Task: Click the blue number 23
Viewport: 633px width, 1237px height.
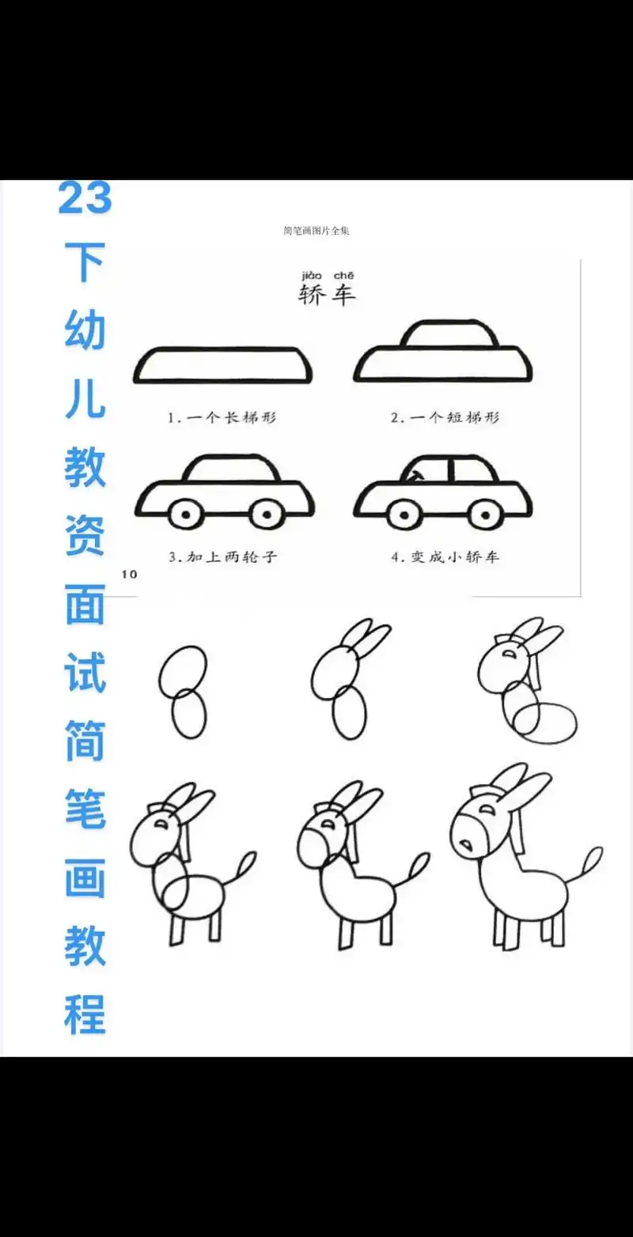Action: tap(85, 198)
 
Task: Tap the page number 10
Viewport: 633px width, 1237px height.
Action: tap(129, 574)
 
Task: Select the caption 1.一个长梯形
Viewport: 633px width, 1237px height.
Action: tap(222, 417)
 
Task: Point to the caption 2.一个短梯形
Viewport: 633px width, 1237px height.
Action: tap(445, 417)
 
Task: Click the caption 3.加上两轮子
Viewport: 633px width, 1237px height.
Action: tap(222, 556)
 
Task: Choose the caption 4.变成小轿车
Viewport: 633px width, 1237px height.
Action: tap(445, 556)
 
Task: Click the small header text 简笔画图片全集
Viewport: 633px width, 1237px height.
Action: tap(316, 231)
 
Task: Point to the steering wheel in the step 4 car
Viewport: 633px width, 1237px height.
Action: tap(414, 475)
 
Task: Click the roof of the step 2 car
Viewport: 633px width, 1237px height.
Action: tap(449, 334)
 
